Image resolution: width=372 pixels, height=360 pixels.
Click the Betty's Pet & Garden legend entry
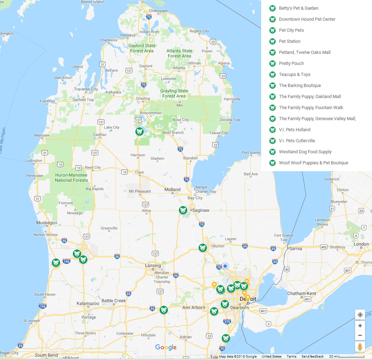(x=298, y=8)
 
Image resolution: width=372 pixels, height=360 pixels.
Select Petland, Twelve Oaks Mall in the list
(x=305, y=52)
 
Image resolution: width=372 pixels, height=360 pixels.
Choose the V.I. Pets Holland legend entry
(x=295, y=130)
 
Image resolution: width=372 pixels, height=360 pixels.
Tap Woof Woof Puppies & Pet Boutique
(x=313, y=163)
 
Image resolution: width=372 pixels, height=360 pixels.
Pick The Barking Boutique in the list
(x=300, y=86)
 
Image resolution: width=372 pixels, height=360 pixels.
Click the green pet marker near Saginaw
(x=183, y=210)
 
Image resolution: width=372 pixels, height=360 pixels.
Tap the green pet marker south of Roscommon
(x=139, y=132)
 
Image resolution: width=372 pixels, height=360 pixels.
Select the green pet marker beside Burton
(x=202, y=248)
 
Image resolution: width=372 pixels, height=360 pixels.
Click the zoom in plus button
(x=360, y=325)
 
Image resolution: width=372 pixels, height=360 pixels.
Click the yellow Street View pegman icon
(x=360, y=346)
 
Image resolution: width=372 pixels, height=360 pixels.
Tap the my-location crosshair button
(x=360, y=315)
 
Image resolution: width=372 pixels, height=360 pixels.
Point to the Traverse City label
(x=86, y=89)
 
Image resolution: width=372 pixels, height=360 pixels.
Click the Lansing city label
(x=153, y=266)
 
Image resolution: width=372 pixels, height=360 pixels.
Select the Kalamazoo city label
(x=88, y=304)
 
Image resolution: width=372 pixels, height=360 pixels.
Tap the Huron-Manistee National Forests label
(x=71, y=177)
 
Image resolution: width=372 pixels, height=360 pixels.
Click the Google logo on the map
(x=166, y=348)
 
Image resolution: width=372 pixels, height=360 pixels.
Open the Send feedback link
(x=312, y=357)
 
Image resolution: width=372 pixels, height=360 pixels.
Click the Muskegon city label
(x=47, y=223)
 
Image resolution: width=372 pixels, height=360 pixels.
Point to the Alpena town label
(x=223, y=64)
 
